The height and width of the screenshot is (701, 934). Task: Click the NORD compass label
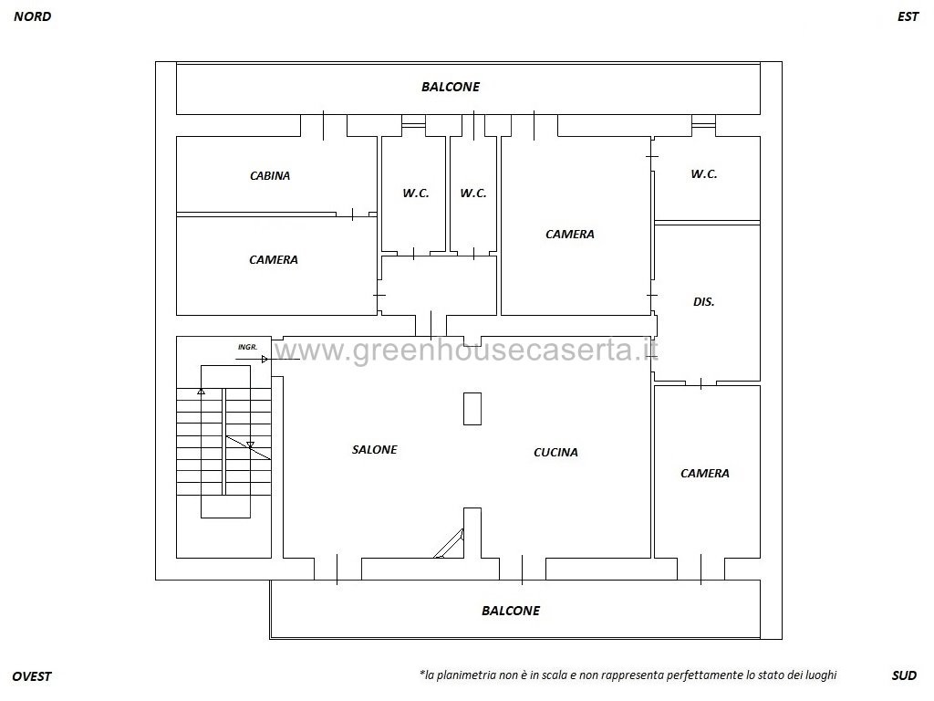tap(33, 16)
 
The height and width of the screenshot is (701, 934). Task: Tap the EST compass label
tap(908, 16)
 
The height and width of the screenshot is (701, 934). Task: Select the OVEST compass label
tap(32, 676)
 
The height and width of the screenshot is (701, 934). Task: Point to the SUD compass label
tap(904, 675)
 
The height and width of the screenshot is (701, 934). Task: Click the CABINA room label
tap(270, 176)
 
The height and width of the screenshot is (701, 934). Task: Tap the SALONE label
tap(374, 449)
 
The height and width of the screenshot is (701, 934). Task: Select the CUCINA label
tap(555, 453)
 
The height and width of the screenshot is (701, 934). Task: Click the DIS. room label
tap(703, 301)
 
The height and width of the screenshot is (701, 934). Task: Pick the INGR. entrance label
tap(247, 347)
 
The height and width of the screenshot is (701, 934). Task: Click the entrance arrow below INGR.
tap(253, 360)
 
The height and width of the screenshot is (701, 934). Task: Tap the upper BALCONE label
tap(451, 87)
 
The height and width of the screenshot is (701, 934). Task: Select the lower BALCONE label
tap(511, 611)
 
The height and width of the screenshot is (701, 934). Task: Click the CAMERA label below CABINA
tap(274, 260)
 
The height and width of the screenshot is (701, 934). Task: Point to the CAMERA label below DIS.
tap(705, 474)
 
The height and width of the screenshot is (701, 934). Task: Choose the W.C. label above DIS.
tap(703, 174)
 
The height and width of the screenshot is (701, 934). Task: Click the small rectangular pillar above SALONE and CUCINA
tap(472, 409)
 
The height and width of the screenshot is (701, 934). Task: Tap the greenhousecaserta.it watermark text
tap(466, 350)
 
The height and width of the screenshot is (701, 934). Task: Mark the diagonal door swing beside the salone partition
tap(449, 544)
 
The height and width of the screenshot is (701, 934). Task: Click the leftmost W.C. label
tap(416, 194)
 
